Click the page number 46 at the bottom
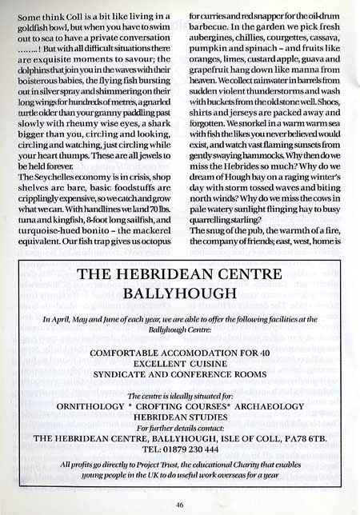(179, 505)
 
